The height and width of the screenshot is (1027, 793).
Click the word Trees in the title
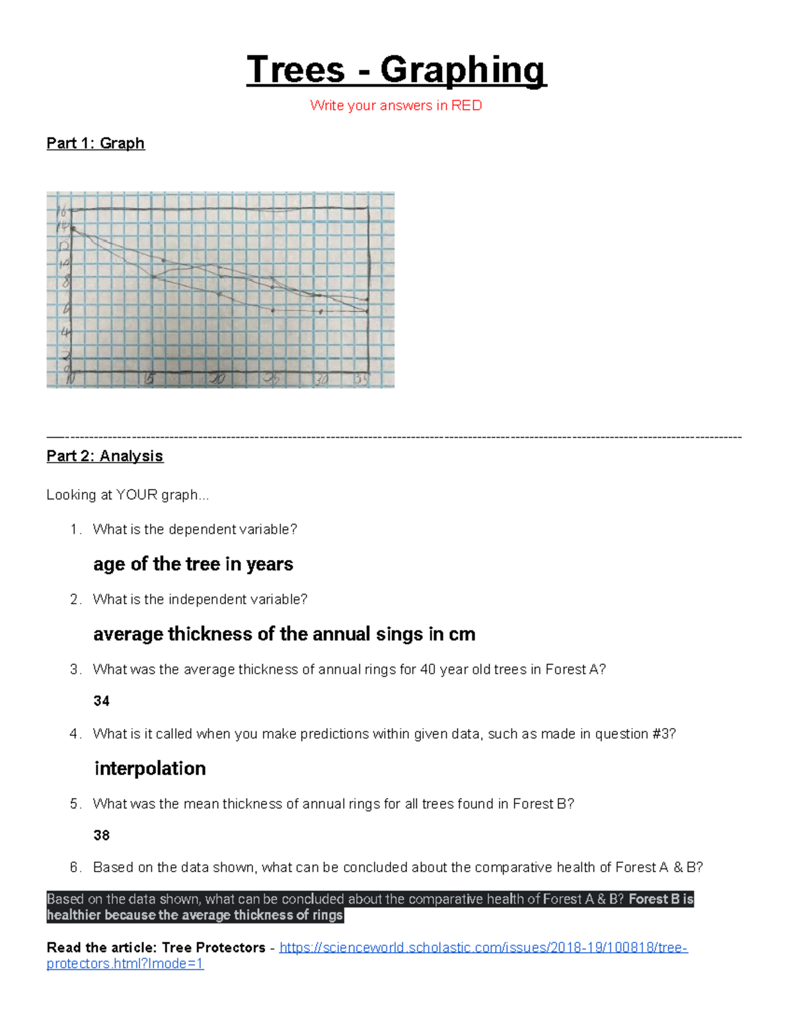pyautogui.click(x=295, y=69)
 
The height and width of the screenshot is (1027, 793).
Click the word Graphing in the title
pyautogui.click(x=463, y=69)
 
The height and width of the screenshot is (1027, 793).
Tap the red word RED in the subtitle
pyautogui.click(x=467, y=106)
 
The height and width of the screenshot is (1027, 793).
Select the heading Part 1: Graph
pyautogui.click(x=95, y=144)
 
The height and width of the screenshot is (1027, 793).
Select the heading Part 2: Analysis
pyautogui.click(x=104, y=456)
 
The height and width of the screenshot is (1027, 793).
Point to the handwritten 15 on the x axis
pyautogui.click(x=149, y=379)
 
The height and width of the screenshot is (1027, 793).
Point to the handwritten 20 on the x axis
pyautogui.click(x=217, y=379)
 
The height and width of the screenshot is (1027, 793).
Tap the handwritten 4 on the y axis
pyautogui.click(x=65, y=333)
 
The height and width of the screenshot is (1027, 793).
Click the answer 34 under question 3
pyautogui.click(x=101, y=701)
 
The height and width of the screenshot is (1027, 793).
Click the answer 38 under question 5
pyautogui.click(x=101, y=835)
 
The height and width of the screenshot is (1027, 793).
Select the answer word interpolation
pyautogui.click(x=150, y=768)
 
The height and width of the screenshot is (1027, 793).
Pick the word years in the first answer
pyautogui.click(x=270, y=564)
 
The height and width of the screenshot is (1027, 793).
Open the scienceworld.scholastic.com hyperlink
pyautogui.click(x=482, y=948)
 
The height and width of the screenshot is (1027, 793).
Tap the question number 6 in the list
pyautogui.click(x=75, y=867)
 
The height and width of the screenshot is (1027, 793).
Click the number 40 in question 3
pyautogui.click(x=428, y=669)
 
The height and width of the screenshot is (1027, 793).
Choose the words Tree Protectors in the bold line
pyautogui.click(x=213, y=948)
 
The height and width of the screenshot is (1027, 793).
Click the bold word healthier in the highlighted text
pyautogui.click(x=74, y=915)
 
